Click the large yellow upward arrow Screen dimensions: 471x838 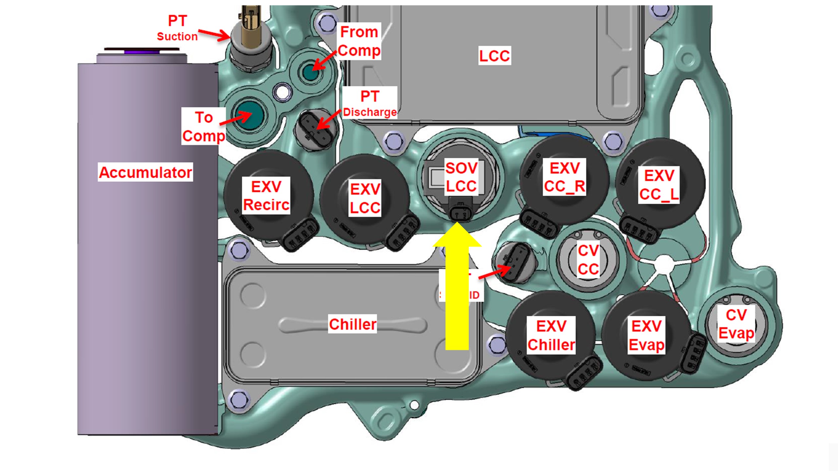(457, 288)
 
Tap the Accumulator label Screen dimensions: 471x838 (145, 172)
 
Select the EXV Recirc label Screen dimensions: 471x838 (266, 196)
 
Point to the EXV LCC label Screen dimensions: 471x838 (365, 198)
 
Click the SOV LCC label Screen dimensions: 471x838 (461, 177)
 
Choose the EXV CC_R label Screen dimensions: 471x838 (564, 177)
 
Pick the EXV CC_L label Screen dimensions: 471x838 (659, 185)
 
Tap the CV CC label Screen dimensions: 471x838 (588, 260)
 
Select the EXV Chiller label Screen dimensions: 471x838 (551, 335)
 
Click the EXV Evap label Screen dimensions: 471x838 (647, 335)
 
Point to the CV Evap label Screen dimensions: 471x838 (736, 324)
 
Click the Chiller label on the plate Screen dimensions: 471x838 (353, 324)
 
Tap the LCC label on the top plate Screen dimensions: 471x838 (494, 56)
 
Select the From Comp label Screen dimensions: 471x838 (359, 41)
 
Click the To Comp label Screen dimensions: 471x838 (204, 126)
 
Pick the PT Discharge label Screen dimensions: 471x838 (370, 103)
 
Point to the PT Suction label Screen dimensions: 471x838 (177, 28)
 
